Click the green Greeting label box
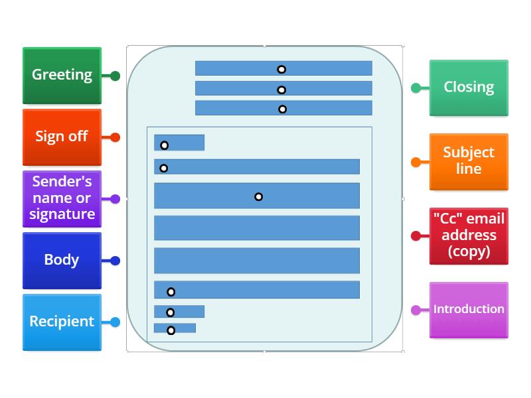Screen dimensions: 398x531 62,75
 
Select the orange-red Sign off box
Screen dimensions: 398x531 62,137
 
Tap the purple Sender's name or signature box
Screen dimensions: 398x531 62,198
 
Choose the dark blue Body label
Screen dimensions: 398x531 62,260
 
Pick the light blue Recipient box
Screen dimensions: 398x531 62,322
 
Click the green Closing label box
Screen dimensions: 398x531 469,88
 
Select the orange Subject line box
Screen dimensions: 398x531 469,161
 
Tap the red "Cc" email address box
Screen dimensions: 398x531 469,235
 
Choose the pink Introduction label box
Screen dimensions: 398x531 469,309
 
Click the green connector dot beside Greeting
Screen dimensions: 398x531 115,76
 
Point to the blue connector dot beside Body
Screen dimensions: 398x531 115,261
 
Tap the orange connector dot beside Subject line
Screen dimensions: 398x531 416,162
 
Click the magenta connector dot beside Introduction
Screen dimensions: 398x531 416,310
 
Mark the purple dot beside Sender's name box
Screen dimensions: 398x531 115,199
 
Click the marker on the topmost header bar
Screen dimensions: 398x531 281,69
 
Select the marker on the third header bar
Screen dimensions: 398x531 282,109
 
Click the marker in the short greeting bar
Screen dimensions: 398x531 164,145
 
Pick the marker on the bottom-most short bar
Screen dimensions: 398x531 171,330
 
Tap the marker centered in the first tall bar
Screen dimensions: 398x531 258,196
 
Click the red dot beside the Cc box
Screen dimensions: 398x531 416,235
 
